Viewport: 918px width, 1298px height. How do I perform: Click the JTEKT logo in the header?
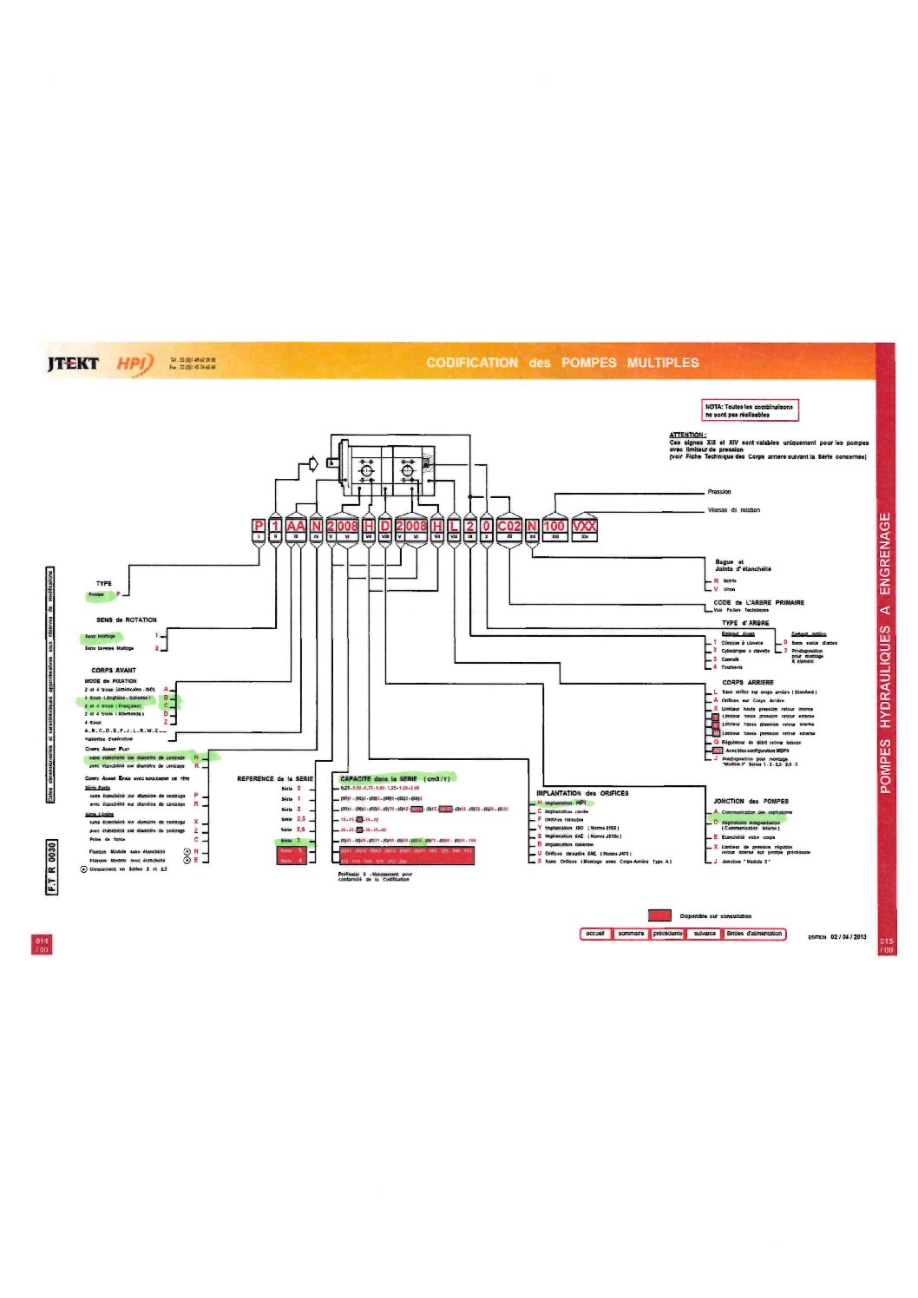(x=73, y=363)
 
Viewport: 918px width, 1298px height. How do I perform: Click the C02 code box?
(x=509, y=526)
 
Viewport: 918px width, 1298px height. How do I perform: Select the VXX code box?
(x=584, y=526)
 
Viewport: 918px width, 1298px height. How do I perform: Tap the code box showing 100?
(x=554, y=526)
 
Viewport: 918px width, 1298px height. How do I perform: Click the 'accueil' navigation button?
(x=595, y=934)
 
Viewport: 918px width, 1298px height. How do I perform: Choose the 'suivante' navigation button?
(x=705, y=934)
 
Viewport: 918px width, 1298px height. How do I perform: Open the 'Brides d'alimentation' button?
(x=754, y=934)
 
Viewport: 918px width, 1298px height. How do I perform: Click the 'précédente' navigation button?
(x=667, y=934)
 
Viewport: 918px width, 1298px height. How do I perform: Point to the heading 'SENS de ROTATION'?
(x=127, y=619)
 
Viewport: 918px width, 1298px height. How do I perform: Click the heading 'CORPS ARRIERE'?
(x=748, y=682)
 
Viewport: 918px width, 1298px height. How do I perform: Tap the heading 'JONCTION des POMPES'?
(x=751, y=801)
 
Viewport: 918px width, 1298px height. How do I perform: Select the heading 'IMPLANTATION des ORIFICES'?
(x=582, y=793)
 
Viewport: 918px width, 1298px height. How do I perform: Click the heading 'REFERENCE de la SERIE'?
(x=275, y=778)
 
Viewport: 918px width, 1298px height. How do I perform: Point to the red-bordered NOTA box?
(x=749, y=410)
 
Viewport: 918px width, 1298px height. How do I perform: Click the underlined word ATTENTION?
(x=687, y=435)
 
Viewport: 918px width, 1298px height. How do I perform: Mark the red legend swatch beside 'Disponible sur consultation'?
(x=659, y=914)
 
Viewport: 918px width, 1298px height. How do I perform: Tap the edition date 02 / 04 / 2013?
(x=848, y=937)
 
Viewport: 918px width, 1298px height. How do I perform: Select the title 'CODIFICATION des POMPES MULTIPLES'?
(x=562, y=363)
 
